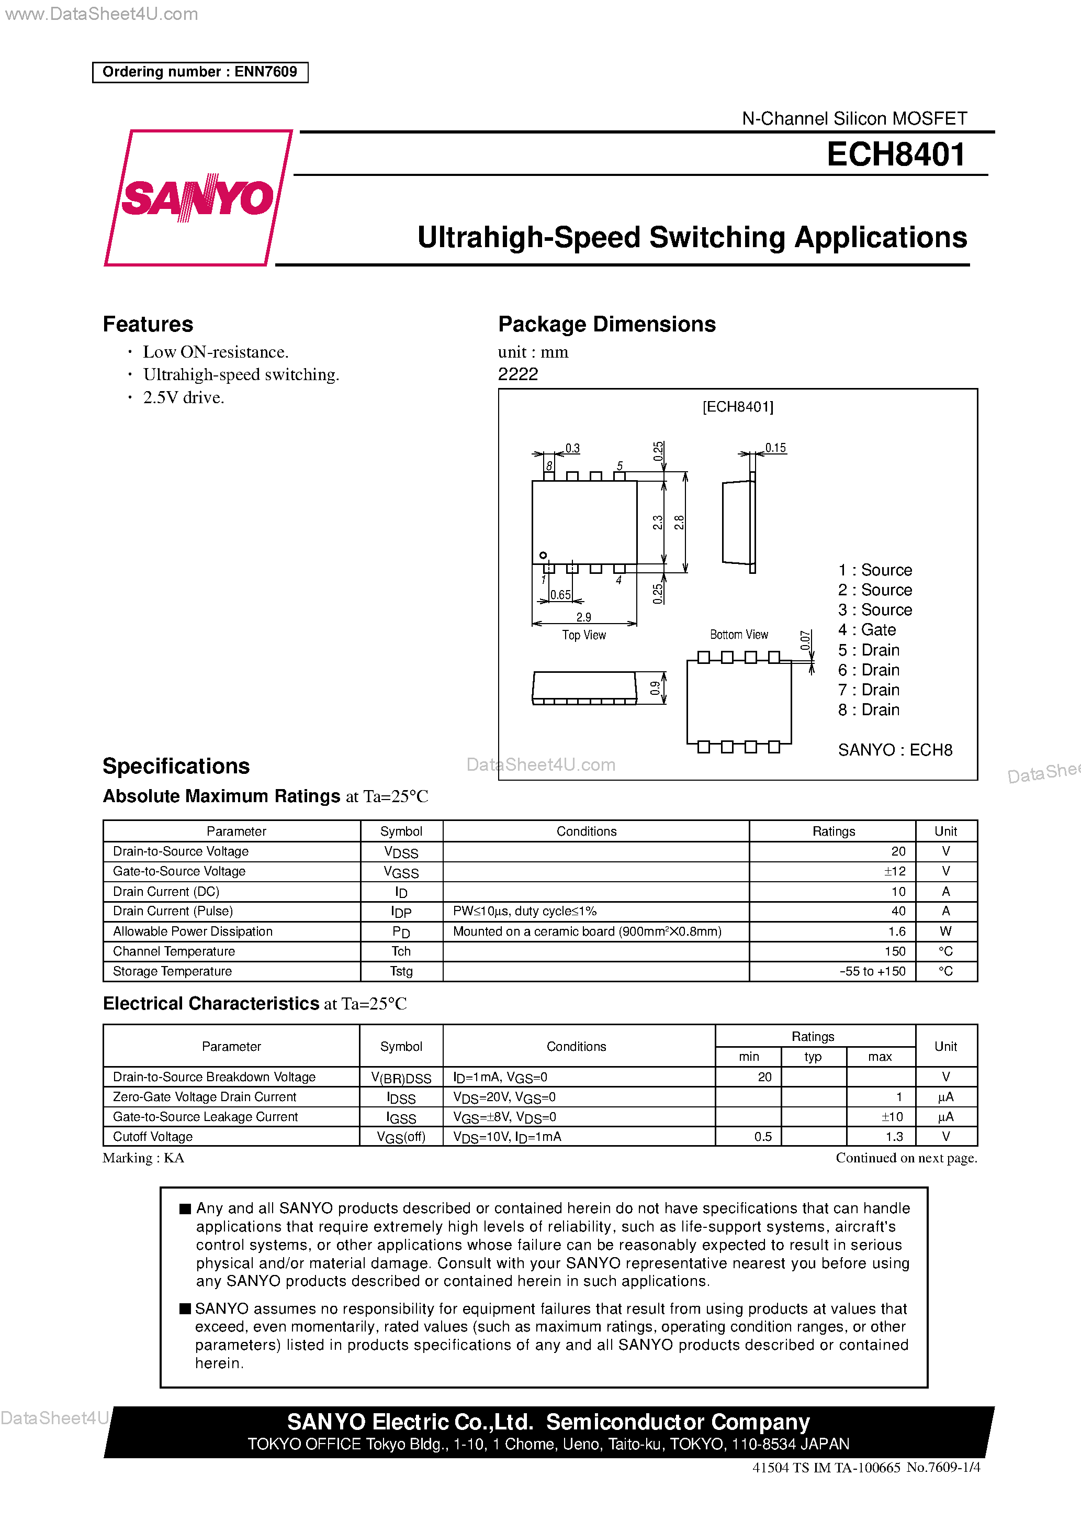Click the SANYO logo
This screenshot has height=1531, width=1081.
point(198,197)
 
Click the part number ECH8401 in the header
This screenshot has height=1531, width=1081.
point(895,154)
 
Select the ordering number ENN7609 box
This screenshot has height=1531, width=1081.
point(200,72)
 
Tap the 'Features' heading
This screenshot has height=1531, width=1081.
point(148,324)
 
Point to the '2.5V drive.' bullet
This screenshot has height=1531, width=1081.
point(183,397)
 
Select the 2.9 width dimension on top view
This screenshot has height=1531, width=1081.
point(584,617)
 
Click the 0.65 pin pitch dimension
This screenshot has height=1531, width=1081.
point(560,595)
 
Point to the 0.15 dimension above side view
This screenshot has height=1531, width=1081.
point(775,448)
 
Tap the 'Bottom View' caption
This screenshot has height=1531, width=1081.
point(738,634)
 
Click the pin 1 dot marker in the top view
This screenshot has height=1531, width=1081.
point(543,556)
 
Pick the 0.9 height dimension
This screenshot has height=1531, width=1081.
point(655,687)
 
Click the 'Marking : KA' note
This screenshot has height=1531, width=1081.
point(143,1158)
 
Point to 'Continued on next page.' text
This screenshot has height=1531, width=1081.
point(906,1158)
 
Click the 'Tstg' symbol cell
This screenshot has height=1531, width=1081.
point(401,971)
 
